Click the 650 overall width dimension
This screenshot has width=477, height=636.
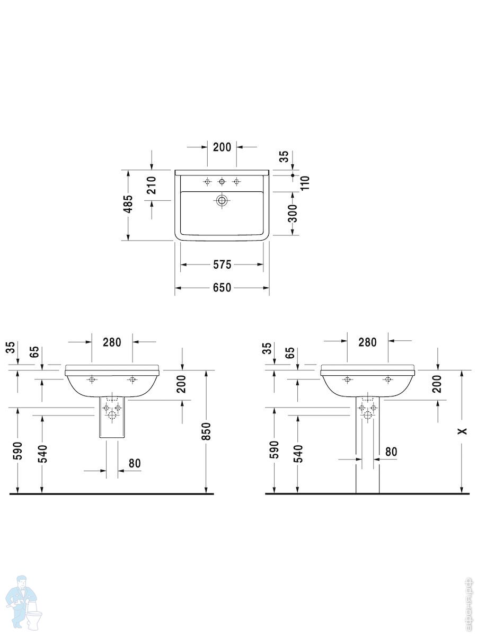(222, 288)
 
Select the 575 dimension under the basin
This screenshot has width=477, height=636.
(222, 264)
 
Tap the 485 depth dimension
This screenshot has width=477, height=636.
(128, 204)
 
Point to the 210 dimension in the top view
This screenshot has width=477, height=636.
(151, 185)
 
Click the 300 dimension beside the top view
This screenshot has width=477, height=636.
(293, 213)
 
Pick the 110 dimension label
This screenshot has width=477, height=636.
(305, 183)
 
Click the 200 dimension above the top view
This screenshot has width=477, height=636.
(222, 147)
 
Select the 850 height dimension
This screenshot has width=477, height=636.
(206, 431)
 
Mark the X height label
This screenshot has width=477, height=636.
(462, 431)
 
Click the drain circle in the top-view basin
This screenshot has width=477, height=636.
(222, 200)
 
